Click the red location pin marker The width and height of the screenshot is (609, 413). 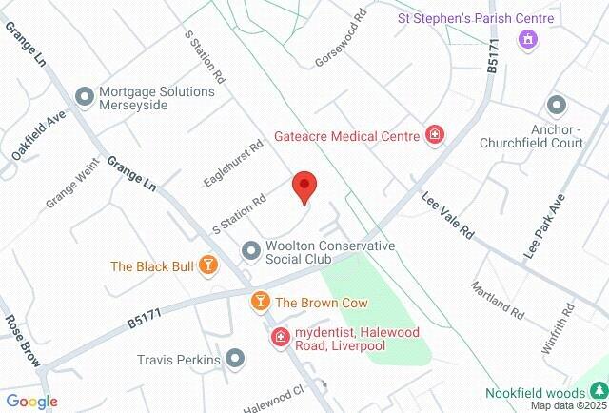click(304, 187)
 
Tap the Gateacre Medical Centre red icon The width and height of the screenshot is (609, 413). click(435, 136)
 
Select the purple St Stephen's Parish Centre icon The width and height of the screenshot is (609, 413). click(526, 40)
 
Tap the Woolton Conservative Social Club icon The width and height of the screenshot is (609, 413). click(251, 250)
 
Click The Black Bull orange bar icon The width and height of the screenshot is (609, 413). click(207, 266)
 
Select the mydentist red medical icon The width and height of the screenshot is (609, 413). click(281, 337)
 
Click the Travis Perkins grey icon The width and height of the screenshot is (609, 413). click(235, 360)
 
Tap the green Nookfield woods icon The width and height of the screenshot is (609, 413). click(599, 390)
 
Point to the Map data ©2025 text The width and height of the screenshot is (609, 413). click(568, 405)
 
